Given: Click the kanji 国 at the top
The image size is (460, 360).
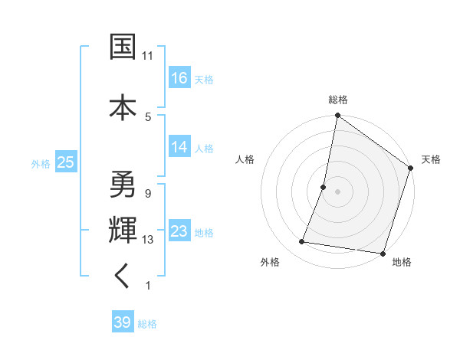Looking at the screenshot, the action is click(123, 47).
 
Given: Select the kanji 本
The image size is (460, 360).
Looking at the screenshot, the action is click(123, 106).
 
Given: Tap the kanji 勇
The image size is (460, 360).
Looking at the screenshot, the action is click(123, 185).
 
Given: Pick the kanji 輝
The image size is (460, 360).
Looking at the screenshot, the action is click(123, 230).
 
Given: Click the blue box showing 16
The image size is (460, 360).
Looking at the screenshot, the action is click(179, 77).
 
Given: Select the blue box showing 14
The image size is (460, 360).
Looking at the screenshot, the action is click(179, 147).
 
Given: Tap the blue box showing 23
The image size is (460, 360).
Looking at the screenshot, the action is click(179, 231).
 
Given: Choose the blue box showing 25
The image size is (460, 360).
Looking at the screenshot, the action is click(65, 162).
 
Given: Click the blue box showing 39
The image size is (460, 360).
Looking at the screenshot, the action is click(123, 322).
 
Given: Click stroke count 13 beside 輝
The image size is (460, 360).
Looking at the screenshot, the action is click(148, 240).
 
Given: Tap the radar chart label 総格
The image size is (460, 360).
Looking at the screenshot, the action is click(338, 100).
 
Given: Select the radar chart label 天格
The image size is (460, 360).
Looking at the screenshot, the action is click(432, 159).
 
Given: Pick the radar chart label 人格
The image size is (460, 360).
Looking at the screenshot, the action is click(245, 159).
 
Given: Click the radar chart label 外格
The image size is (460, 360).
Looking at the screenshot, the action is click(270, 263).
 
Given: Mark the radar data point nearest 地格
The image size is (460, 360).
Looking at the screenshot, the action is click(383, 254).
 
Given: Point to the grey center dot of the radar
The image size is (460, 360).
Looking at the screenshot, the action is click(337, 191).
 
